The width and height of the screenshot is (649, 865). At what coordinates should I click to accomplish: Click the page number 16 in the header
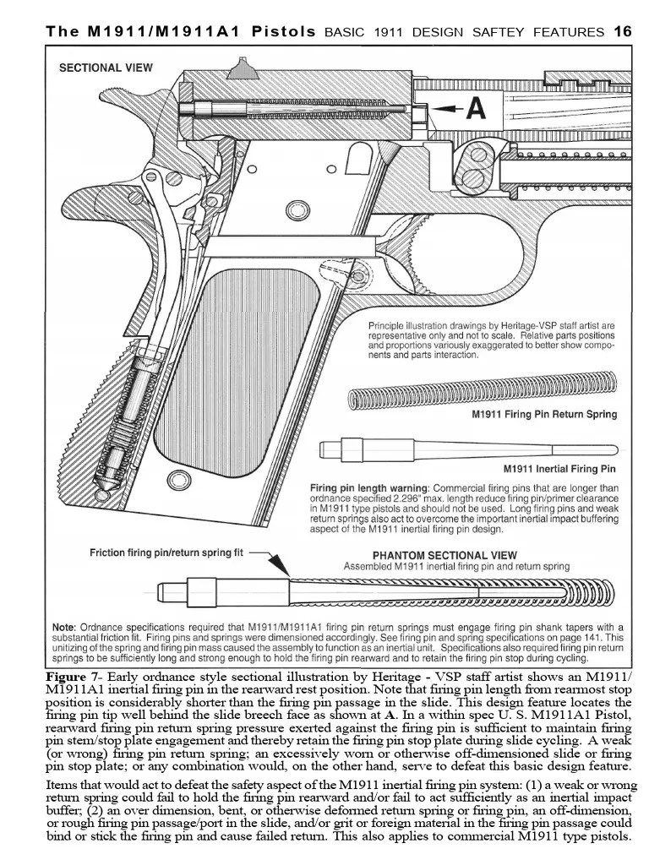(622, 32)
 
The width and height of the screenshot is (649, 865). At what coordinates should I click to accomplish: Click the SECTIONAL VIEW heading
(106, 68)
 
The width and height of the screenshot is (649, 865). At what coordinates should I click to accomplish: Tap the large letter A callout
(476, 109)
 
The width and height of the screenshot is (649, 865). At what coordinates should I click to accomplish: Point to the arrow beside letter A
(446, 109)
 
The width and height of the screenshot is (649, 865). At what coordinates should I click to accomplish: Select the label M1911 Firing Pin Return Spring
(543, 415)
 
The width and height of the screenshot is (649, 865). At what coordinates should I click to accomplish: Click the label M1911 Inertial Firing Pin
(559, 469)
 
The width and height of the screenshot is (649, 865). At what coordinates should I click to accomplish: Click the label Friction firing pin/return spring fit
(166, 553)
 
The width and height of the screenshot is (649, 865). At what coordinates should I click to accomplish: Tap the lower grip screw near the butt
(177, 481)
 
